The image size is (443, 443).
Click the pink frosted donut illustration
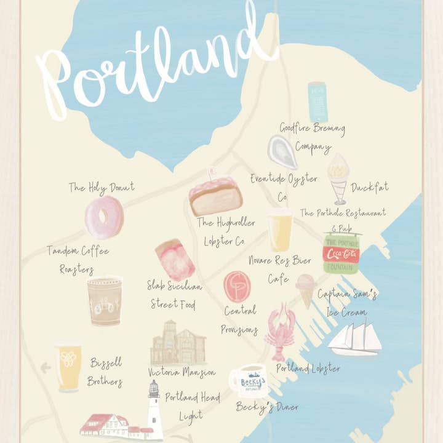(x=104, y=217)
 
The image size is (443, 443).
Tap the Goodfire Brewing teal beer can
(x=317, y=102)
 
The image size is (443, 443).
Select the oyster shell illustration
(x=282, y=152)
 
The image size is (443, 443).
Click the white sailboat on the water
(x=354, y=338)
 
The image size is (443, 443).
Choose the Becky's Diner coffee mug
(x=248, y=381)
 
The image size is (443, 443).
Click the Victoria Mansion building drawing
(x=178, y=343)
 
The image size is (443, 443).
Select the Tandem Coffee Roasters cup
(x=104, y=300)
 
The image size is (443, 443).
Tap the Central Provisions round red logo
(x=237, y=286)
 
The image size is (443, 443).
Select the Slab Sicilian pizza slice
(x=175, y=259)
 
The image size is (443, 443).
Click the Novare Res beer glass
(x=280, y=230)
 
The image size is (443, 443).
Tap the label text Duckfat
(x=370, y=187)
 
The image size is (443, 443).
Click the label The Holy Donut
(x=102, y=187)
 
